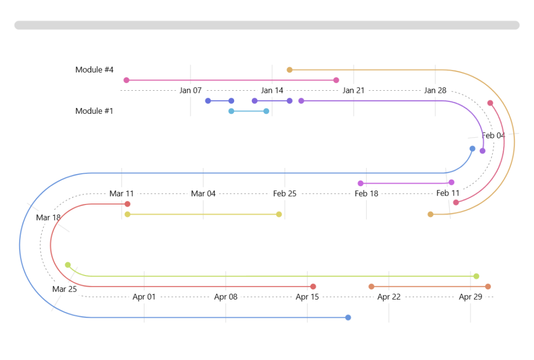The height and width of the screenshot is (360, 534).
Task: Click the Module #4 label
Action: [x=94, y=69]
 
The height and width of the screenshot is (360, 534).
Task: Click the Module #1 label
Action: [x=94, y=111]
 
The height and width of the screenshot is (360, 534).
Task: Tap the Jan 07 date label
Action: [x=190, y=90]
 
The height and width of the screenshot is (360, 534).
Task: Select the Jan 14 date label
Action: [x=272, y=90]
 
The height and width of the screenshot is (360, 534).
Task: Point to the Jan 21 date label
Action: [x=354, y=90]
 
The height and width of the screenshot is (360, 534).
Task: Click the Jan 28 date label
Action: [x=435, y=90]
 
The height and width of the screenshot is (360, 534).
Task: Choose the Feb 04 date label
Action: [x=493, y=136]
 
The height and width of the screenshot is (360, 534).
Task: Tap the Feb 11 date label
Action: [x=448, y=194]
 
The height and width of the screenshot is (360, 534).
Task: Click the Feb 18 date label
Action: [x=367, y=194]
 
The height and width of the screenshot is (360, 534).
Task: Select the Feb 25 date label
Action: [x=285, y=194]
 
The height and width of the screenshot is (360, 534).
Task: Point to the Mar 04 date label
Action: [x=203, y=194]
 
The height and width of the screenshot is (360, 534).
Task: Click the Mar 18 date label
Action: [x=48, y=218]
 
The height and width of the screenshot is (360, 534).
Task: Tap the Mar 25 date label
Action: [x=65, y=289]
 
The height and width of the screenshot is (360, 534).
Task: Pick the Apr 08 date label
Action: [x=226, y=297]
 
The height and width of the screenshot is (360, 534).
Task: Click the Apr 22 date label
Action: [x=389, y=297]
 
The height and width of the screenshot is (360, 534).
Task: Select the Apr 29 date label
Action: [x=470, y=297]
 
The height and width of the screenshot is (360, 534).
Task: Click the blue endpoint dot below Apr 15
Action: [x=348, y=317]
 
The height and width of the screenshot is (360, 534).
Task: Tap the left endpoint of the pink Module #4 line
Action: [x=126, y=80]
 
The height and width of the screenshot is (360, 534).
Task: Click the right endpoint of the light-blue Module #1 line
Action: [x=266, y=111]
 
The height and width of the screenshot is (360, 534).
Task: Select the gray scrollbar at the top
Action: [x=267, y=25]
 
